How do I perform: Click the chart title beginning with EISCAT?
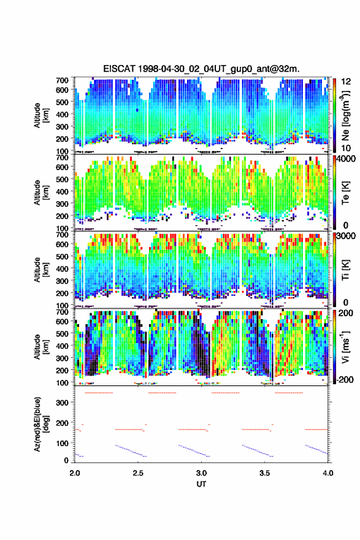201,69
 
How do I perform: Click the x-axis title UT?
201,484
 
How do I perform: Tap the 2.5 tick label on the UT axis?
138,473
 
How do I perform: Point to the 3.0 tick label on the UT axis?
201,473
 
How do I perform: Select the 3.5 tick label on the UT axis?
265,473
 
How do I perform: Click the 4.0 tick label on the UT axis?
328,473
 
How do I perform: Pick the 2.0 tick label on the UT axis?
75,473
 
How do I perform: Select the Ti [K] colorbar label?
345,269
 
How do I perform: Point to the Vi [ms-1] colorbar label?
345,347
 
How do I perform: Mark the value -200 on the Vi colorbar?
345,379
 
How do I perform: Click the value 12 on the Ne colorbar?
347,82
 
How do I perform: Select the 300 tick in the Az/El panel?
63,403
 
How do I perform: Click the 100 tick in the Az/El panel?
63,443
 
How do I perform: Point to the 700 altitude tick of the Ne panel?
63,80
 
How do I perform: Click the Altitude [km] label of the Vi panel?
41,347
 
